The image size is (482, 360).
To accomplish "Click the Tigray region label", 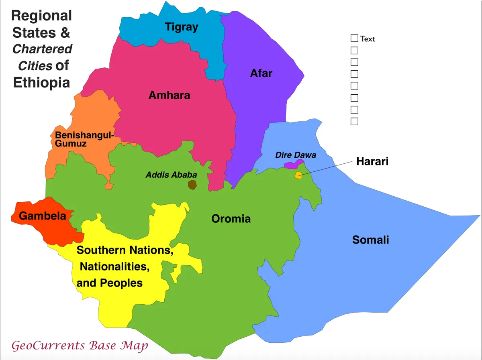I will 182,27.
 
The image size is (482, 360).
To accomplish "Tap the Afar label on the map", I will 261,73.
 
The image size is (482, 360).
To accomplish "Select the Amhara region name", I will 169,95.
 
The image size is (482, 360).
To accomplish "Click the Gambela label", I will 43,216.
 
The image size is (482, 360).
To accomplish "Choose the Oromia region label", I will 231,219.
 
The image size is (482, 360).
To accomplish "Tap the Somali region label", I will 370,240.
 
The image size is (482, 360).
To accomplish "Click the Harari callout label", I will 372,161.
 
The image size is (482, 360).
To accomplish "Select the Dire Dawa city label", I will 296,155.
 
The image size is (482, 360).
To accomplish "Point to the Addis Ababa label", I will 171,175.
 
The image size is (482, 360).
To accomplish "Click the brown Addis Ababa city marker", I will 192,185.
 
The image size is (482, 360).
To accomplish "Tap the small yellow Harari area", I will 298,175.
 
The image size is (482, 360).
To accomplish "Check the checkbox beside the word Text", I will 354,39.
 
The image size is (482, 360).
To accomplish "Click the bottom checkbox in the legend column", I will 354,121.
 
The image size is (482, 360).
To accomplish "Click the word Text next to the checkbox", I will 368,39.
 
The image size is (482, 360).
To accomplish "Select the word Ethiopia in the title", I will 41,82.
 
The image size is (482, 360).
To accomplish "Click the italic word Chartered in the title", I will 42,49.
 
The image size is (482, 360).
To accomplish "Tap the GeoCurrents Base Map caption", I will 80,346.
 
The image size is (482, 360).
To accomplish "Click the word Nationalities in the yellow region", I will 115,266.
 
